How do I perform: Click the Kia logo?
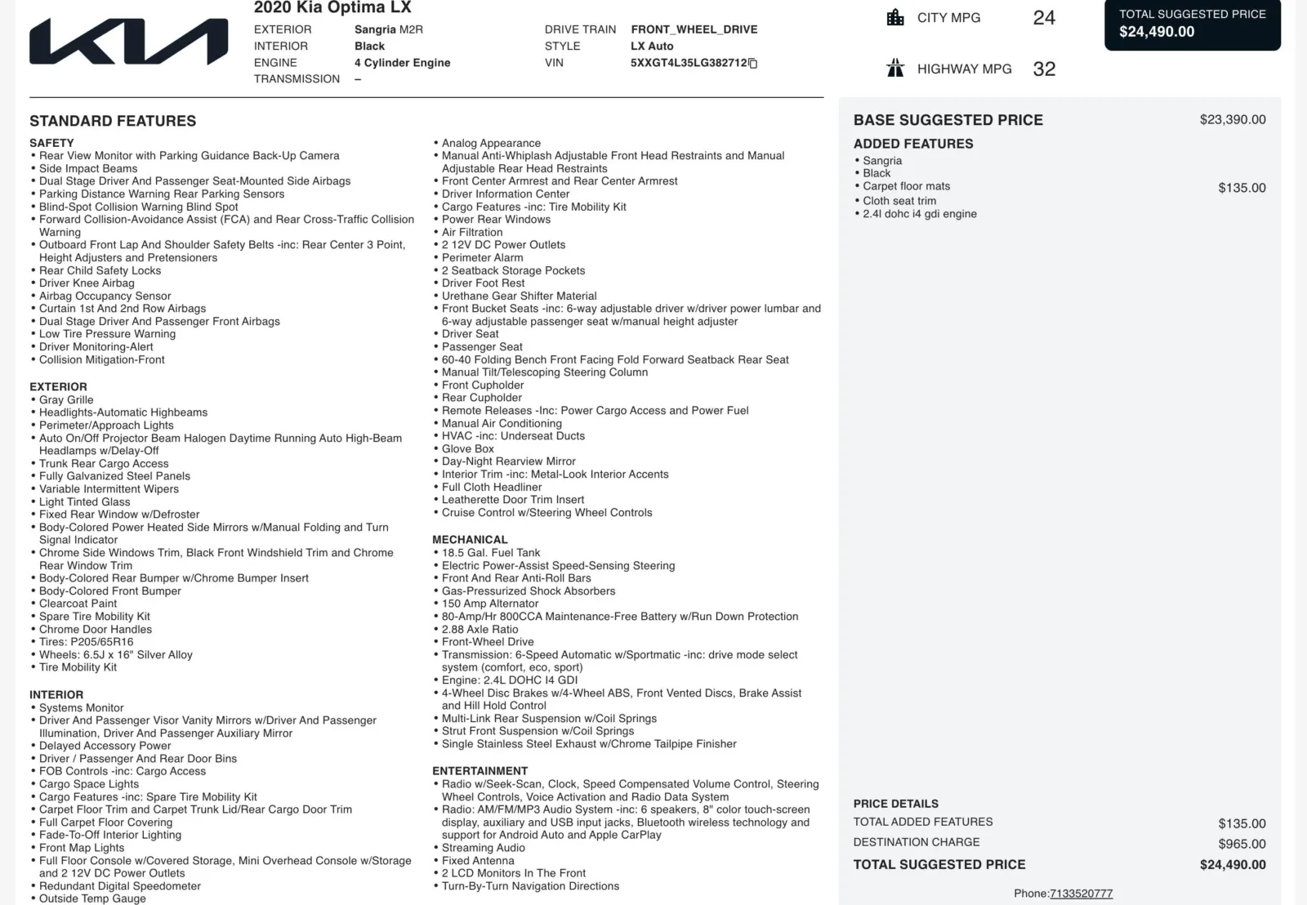pyautogui.click(x=129, y=42)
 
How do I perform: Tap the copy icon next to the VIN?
pyautogui.click(x=753, y=64)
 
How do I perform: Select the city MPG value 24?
pyautogui.click(x=1044, y=18)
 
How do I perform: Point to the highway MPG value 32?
pyautogui.click(x=1044, y=69)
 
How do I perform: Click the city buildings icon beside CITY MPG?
pyautogui.click(x=895, y=17)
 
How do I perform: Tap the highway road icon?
pyautogui.click(x=895, y=69)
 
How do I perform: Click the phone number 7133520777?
pyautogui.click(x=1081, y=894)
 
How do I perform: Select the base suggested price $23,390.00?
pyautogui.click(x=1233, y=120)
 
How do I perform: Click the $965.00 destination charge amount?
pyautogui.click(x=1242, y=845)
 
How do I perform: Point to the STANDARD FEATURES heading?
pyautogui.click(x=113, y=122)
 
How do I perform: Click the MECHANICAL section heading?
pyautogui.click(x=470, y=540)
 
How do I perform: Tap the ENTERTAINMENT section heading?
pyautogui.click(x=480, y=771)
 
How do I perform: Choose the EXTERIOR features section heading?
pyautogui.click(x=58, y=387)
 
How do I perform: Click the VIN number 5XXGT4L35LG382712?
pyautogui.click(x=689, y=63)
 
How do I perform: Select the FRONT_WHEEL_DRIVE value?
pyautogui.click(x=694, y=29)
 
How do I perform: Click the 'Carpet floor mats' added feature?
pyautogui.click(x=906, y=186)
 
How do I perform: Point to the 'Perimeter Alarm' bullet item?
pyautogui.click(x=482, y=258)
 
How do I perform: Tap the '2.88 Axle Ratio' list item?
pyautogui.click(x=480, y=630)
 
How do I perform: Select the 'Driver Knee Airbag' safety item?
pyautogui.click(x=87, y=283)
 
